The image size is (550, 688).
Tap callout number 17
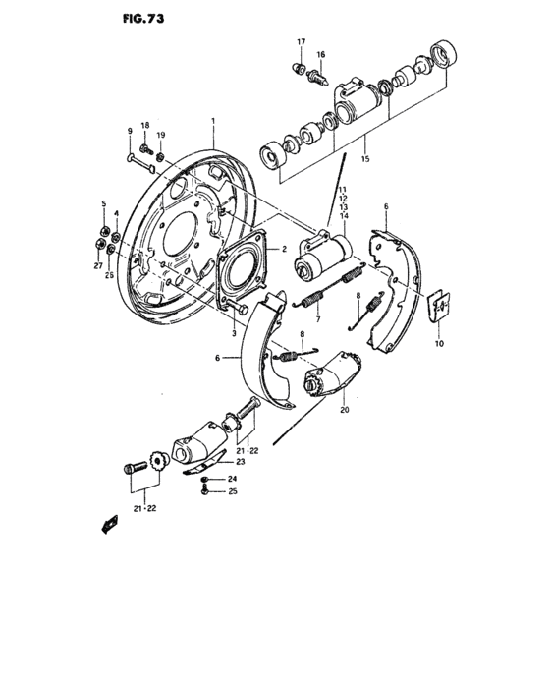tap(302, 42)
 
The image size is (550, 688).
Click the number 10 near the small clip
tap(438, 343)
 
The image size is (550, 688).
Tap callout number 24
tap(232, 479)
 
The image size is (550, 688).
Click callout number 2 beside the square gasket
tap(284, 250)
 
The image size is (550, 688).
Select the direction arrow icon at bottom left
tap(107, 525)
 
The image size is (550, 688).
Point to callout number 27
tap(98, 265)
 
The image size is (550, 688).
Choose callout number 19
tap(162, 135)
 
